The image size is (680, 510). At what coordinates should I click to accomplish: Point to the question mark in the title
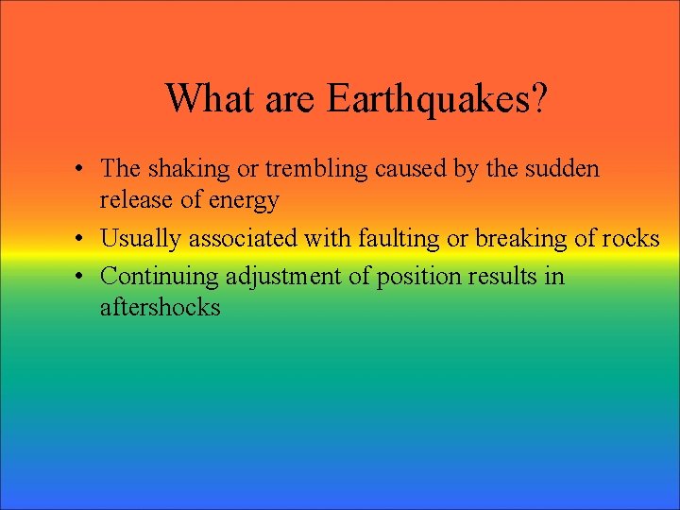(539, 97)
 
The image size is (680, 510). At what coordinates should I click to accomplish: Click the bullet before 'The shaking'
(83, 170)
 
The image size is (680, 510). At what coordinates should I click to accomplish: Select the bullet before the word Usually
(83, 239)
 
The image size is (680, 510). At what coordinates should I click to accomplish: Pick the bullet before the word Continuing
(83, 277)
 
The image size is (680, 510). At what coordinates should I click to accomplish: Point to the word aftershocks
(160, 307)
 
